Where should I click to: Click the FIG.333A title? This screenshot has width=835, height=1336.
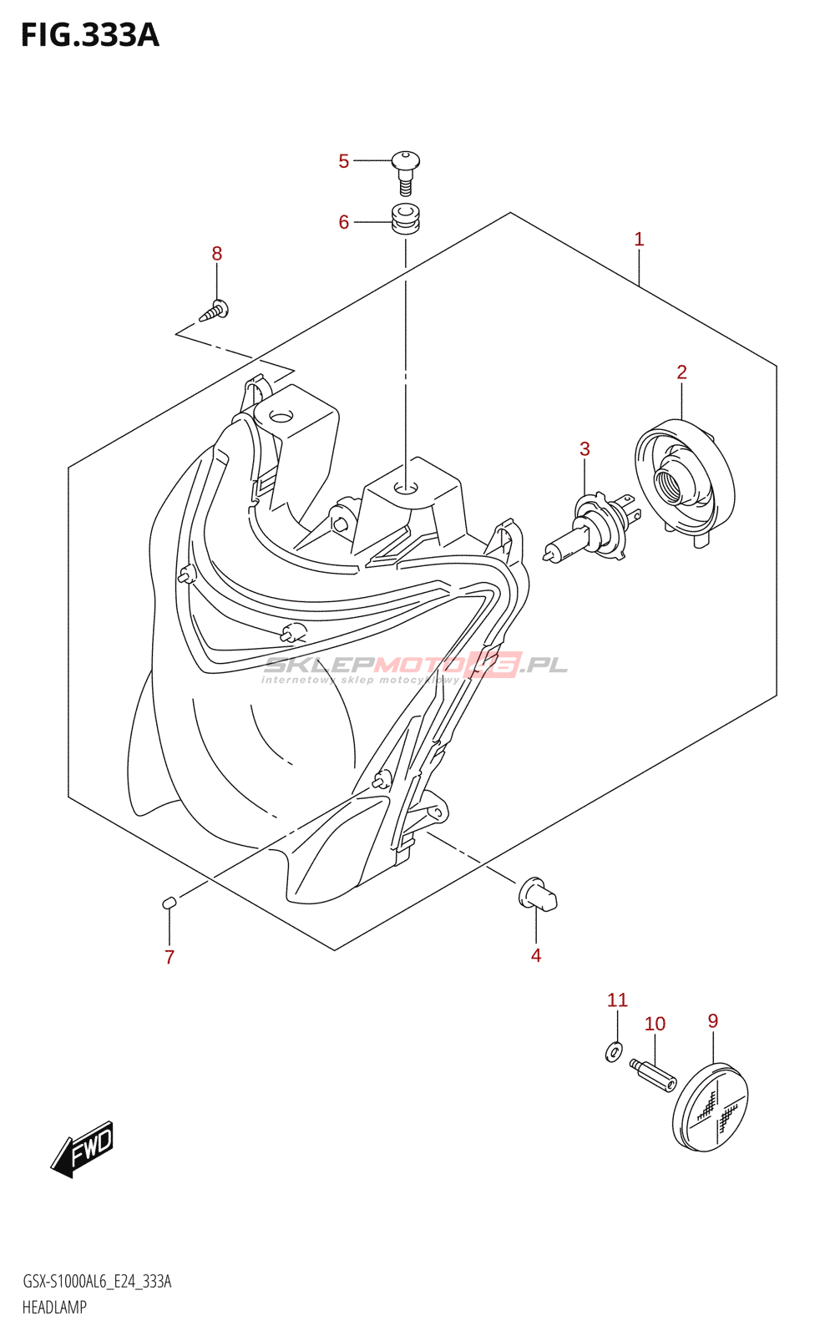(x=90, y=35)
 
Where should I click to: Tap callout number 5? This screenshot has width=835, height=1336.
(x=343, y=161)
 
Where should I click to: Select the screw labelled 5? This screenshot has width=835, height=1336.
(x=406, y=170)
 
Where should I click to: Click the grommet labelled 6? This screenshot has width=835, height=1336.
(x=406, y=219)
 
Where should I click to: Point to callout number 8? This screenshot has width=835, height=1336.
(x=217, y=253)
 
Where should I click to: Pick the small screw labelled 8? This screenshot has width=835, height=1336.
(x=215, y=311)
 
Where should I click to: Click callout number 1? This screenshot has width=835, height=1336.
(x=639, y=240)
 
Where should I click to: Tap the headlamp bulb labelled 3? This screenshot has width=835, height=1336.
(x=591, y=528)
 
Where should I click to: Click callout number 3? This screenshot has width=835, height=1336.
(x=584, y=449)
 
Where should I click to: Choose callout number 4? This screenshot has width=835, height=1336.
(x=536, y=955)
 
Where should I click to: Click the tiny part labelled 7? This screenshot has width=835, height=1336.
(x=169, y=902)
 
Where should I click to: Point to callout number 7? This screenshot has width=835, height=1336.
(x=170, y=957)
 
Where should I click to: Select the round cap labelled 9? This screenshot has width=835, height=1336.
(x=711, y=1107)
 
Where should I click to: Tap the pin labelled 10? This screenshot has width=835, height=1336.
(x=654, y=1074)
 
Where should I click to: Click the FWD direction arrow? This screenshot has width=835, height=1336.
(x=82, y=1148)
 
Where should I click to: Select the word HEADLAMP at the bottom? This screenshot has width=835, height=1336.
(x=54, y=1308)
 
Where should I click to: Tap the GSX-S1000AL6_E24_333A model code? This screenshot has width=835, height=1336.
(x=97, y=1282)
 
